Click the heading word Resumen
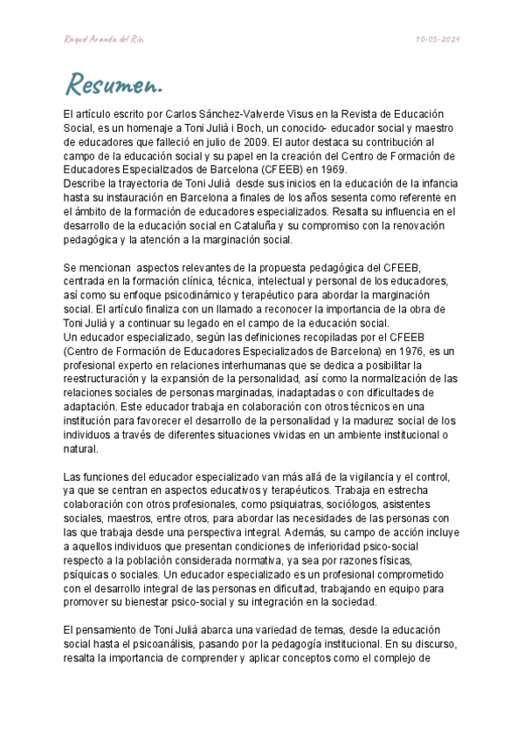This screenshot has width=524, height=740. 114,86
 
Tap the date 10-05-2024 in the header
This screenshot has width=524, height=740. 438,40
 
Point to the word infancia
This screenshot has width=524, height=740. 431,184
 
